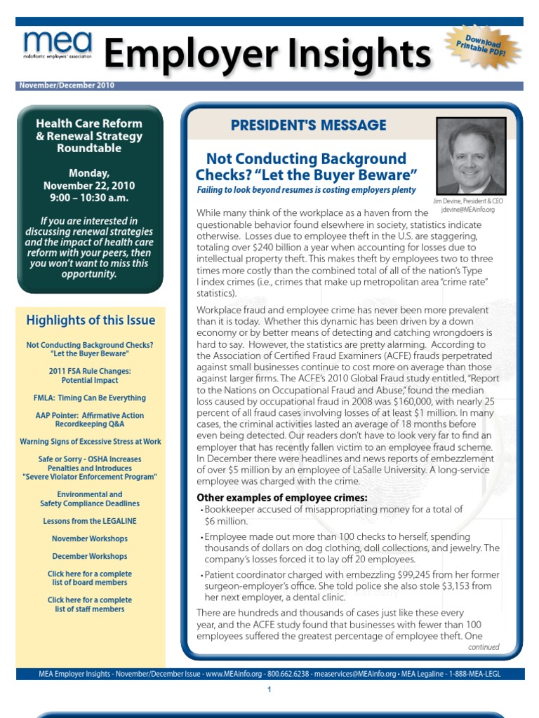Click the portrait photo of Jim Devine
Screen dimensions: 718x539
coord(470,156)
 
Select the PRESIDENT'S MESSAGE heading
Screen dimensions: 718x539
coord(308,126)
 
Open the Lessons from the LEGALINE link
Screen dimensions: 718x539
coord(89,521)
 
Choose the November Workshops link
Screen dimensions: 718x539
coord(89,538)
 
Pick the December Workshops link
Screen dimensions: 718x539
coord(89,556)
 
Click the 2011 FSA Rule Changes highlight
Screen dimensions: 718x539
coord(89,375)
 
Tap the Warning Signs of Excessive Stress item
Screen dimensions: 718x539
coord(90,442)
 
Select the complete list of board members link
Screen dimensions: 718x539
coord(89,578)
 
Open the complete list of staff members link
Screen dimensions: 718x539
coord(89,604)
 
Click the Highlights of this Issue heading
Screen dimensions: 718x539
coord(91,320)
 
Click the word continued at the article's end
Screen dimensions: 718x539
coord(484,647)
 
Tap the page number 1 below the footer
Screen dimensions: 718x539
coord(269,690)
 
